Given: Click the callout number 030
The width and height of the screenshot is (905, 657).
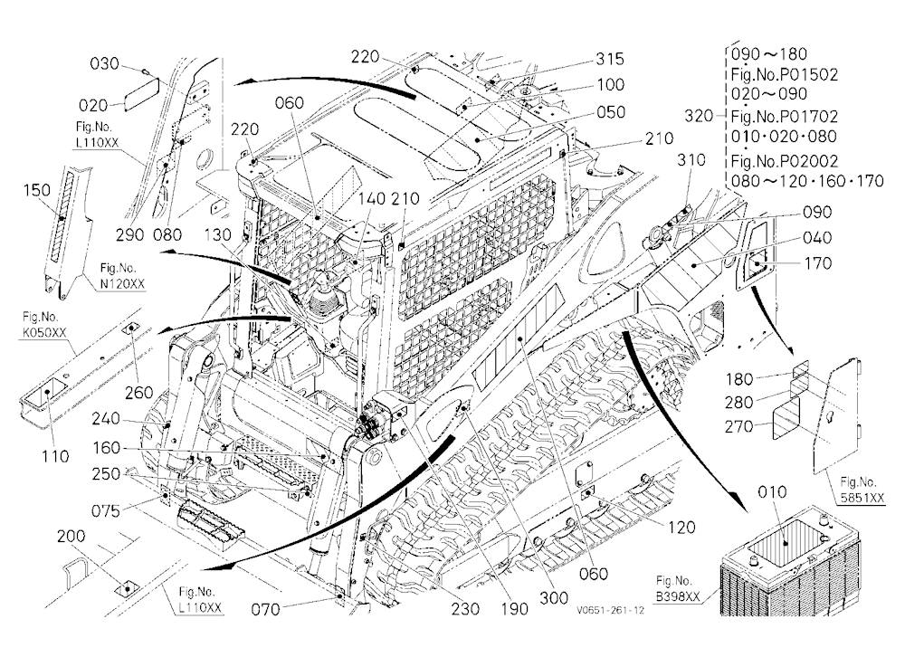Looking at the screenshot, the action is click(104, 63).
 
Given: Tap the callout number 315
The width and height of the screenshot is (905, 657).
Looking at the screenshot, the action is click(610, 59).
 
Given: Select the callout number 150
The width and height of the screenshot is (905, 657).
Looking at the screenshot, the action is click(37, 190).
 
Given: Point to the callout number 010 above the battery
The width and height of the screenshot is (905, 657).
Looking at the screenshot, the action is click(772, 492).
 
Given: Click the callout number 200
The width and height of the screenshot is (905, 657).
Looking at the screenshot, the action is click(71, 537).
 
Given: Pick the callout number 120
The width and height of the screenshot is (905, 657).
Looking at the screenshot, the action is click(681, 527).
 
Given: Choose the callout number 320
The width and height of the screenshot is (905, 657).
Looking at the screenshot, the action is click(699, 116).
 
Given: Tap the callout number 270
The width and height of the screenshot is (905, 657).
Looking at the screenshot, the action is click(739, 426).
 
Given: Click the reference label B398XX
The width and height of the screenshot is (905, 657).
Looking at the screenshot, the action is click(678, 596).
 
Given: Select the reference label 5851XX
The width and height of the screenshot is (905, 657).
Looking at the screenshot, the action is click(862, 498).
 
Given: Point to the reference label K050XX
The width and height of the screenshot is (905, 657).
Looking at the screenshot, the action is click(43, 332).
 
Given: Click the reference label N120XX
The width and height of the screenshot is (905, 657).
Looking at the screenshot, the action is click(122, 283).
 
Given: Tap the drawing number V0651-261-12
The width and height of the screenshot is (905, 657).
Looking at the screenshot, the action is click(609, 610).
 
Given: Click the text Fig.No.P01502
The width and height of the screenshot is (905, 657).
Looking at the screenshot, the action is click(785, 74).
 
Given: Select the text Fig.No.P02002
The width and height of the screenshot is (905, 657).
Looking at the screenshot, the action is click(785, 160).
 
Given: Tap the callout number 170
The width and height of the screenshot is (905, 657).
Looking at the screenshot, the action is click(818, 263).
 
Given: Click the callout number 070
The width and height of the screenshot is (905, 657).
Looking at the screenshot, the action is click(265, 609).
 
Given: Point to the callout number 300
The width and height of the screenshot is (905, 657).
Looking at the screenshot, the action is click(554, 598).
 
